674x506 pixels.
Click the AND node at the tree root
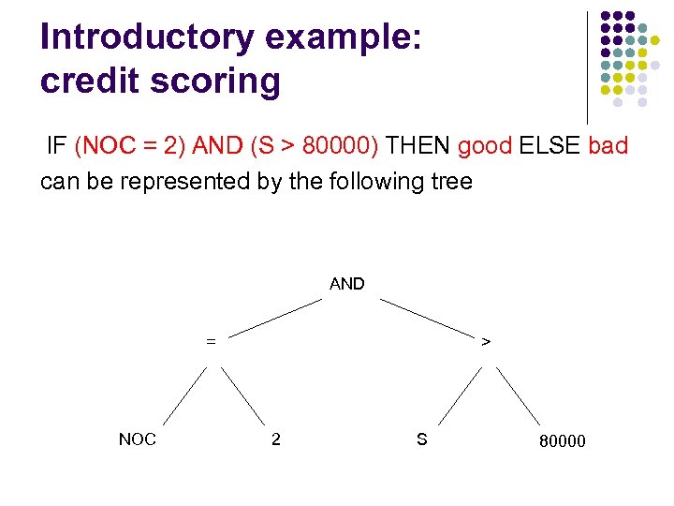pyautogui.click(x=346, y=284)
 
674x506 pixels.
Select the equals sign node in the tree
pyautogui.click(x=211, y=342)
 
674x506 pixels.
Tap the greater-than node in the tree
pyautogui.click(x=485, y=342)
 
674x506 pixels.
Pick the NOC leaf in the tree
pyautogui.click(x=138, y=439)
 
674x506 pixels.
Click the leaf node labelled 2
pyautogui.click(x=275, y=439)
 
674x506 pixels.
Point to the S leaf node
pyautogui.click(x=421, y=439)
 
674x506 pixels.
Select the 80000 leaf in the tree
pyautogui.click(x=562, y=440)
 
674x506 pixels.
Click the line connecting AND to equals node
pyautogui.click(x=276, y=317)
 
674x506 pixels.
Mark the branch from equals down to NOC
pyautogui.click(x=184, y=395)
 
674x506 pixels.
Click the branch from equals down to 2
pyautogui.click(x=242, y=395)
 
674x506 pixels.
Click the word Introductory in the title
pyautogui.click(x=147, y=37)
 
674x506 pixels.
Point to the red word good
pyautogui.click(x=485, y=146)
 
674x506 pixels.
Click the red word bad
pyautogui.click(x=608, y=146)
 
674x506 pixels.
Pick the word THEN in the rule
pyautogui.click(x=418, y=146)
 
